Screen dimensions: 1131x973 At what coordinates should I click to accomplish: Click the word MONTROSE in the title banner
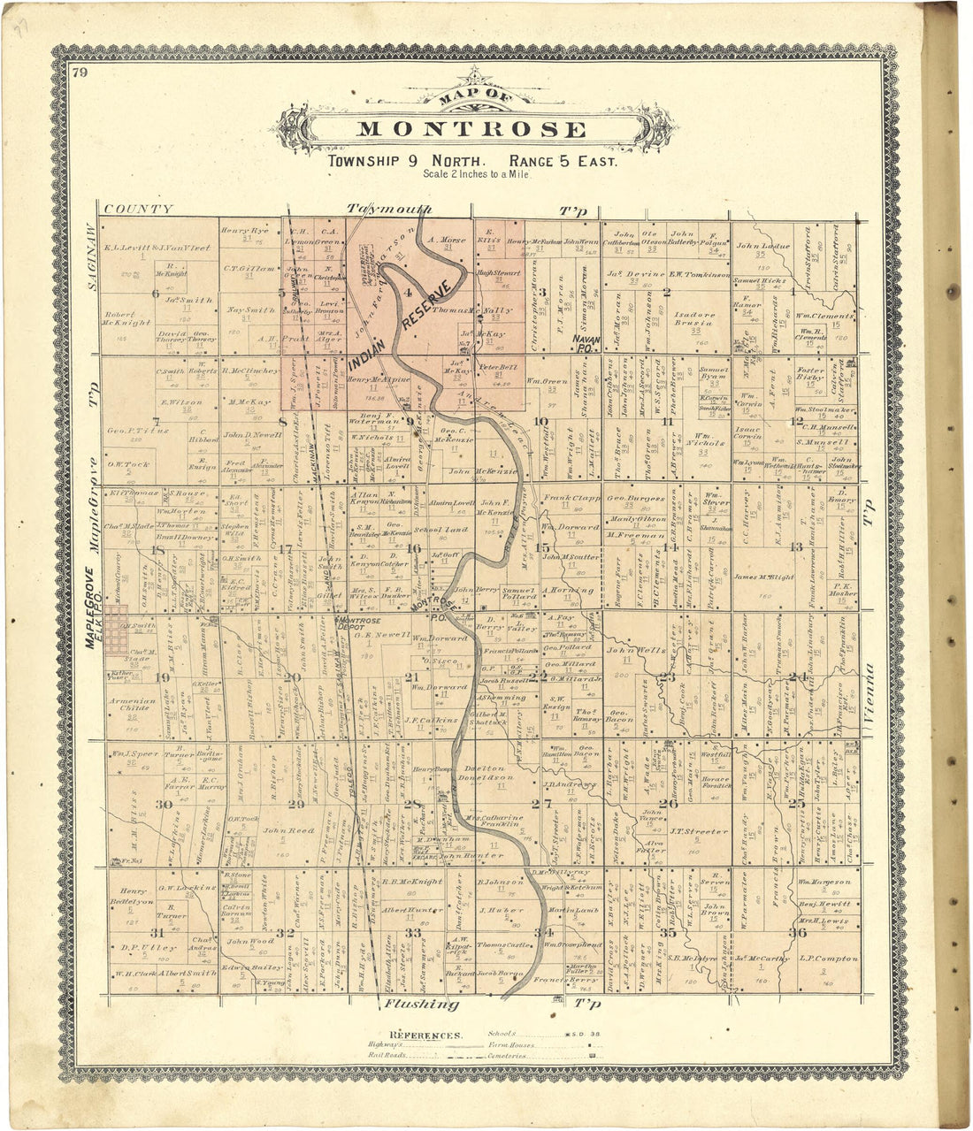tap(472, 130)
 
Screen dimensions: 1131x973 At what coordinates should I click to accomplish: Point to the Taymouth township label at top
tap(389, 210)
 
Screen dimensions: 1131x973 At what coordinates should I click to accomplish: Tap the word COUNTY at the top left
tap(138, 210)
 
